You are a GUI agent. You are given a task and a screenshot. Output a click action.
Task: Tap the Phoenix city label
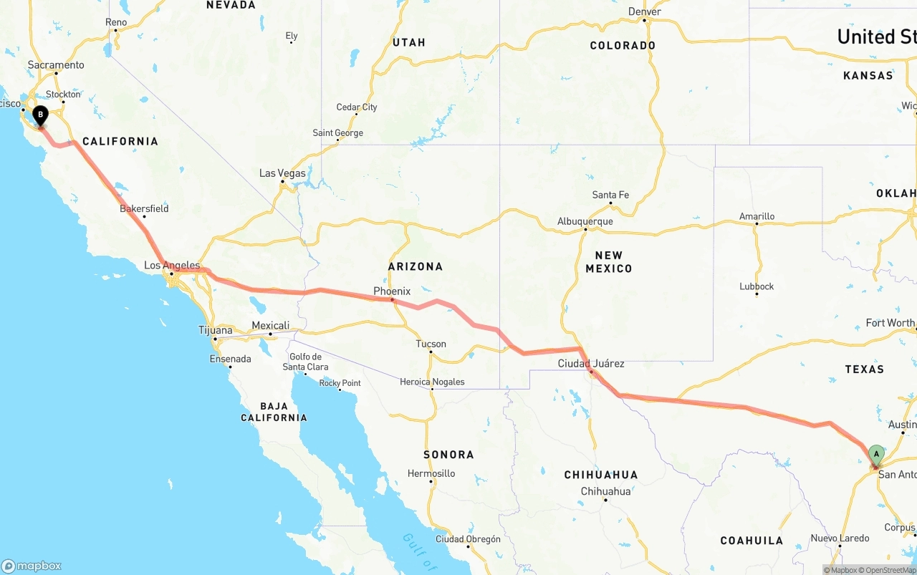tap(392, 291)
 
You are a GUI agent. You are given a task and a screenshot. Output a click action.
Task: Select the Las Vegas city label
tap(282, 173)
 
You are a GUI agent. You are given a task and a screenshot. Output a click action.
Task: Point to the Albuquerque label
tap(585, 222)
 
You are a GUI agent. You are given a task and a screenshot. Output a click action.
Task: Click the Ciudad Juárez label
tap(591, 364)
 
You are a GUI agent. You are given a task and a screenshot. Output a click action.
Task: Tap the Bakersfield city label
tap(144, 209)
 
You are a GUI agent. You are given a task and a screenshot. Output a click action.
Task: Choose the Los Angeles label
tap(172, 266)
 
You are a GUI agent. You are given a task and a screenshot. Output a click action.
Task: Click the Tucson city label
tap(431, 344)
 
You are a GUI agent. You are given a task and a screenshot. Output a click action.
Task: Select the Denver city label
tap(644, 12)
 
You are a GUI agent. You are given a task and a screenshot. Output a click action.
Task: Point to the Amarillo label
tap(757, 216)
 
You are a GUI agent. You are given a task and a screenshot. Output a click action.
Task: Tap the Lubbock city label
tap(757, 286)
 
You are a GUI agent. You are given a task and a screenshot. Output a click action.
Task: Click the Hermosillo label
tap(431, 473)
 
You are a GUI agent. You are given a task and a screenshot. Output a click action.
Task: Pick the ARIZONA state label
tap(416, 266)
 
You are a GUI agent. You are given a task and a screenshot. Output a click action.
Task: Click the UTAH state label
tap(408, 43)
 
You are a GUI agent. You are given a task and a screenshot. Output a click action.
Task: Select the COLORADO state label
tap(623, 46)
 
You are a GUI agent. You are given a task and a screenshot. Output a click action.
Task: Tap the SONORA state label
tap(448, 455)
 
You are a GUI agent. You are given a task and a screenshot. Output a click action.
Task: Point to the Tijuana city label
tap(215, 331)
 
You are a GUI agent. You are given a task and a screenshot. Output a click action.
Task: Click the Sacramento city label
tap(56, 65)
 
